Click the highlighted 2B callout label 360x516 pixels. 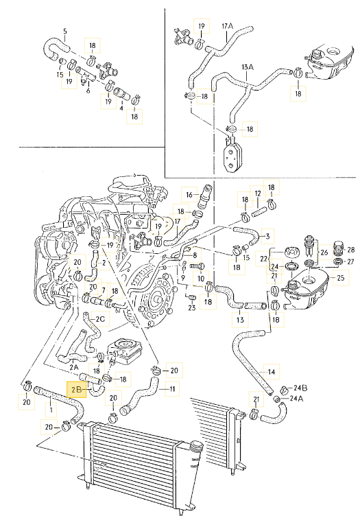coord(76,390)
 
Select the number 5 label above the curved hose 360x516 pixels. coord(65,32)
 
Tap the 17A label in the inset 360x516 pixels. coord(227,25)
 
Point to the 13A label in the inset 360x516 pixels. coord(248,67)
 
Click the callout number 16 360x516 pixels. coord(189,195)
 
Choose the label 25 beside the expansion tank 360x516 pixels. coord(340,277)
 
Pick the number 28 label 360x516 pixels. coord(351,250)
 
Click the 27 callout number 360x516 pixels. coord(350,261)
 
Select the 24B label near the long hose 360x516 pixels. coord(300,388)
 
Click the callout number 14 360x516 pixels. coord(272,372)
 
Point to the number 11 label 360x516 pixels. coord(172,389)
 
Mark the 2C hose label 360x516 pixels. coord(100,319)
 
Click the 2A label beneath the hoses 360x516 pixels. coord(74,366)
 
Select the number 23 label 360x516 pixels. coord(192,307)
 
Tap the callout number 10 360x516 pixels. coord(201,279)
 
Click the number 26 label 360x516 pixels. coord(324,253)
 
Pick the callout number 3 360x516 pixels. coord(267,236)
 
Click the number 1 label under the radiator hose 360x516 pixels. coord(51,410)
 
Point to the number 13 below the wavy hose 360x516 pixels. coord(240,320)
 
